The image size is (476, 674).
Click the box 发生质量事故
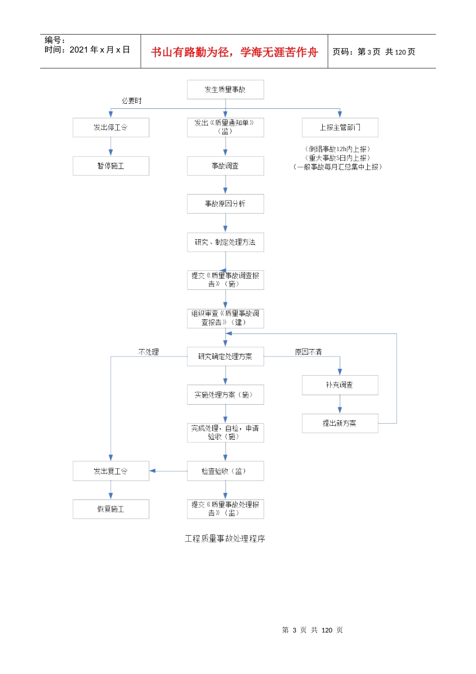(225, 90)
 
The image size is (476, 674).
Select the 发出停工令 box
(111, 127)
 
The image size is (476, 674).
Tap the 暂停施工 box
(111, 166)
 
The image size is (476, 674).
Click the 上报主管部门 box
(340, 127)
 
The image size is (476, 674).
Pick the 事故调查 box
(225, 166)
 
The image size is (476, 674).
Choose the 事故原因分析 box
(225, 204)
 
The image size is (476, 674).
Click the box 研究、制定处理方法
(225, 242)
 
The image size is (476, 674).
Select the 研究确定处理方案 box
(225, 357)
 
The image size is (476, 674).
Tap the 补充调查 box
(340, 385)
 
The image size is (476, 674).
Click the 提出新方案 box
(340, 423)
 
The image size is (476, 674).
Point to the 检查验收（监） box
(225, 471)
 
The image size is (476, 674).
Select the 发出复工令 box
(111, 471)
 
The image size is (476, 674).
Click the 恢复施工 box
(111, 509)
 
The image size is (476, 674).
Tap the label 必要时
(132, 101)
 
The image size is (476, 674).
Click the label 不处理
(149, 352)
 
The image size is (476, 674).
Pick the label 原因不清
(308, 352)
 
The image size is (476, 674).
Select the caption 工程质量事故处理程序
(225, 539)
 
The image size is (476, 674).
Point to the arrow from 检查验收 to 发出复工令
(168, 471)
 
